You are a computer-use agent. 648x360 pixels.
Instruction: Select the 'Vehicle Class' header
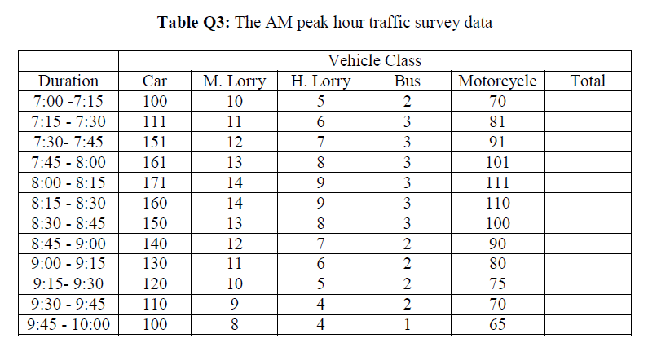pos(374,60)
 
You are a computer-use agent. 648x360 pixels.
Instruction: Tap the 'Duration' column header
pos(68,81)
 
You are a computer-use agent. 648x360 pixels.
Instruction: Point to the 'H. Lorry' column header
pos(320,81)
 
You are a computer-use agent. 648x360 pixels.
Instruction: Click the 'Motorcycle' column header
pos(497,81)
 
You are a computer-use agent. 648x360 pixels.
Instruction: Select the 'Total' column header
pos(588,81)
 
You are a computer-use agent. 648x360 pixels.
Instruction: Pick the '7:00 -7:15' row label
pos(68,102)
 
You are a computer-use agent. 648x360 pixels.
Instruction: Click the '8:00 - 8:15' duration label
pos(68,182)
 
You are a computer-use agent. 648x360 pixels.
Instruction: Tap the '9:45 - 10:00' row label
pos(68,324)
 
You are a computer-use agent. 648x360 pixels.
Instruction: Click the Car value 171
pos(155,182)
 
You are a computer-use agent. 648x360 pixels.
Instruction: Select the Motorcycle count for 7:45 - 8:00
pos(497,162)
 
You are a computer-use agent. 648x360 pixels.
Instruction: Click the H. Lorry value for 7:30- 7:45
pos(320,142)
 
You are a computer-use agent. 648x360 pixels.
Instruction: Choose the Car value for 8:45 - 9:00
pos(155,243)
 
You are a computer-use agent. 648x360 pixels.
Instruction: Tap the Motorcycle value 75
pos(497,283)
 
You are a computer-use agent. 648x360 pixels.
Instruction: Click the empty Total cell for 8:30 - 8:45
pos(588,223)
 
